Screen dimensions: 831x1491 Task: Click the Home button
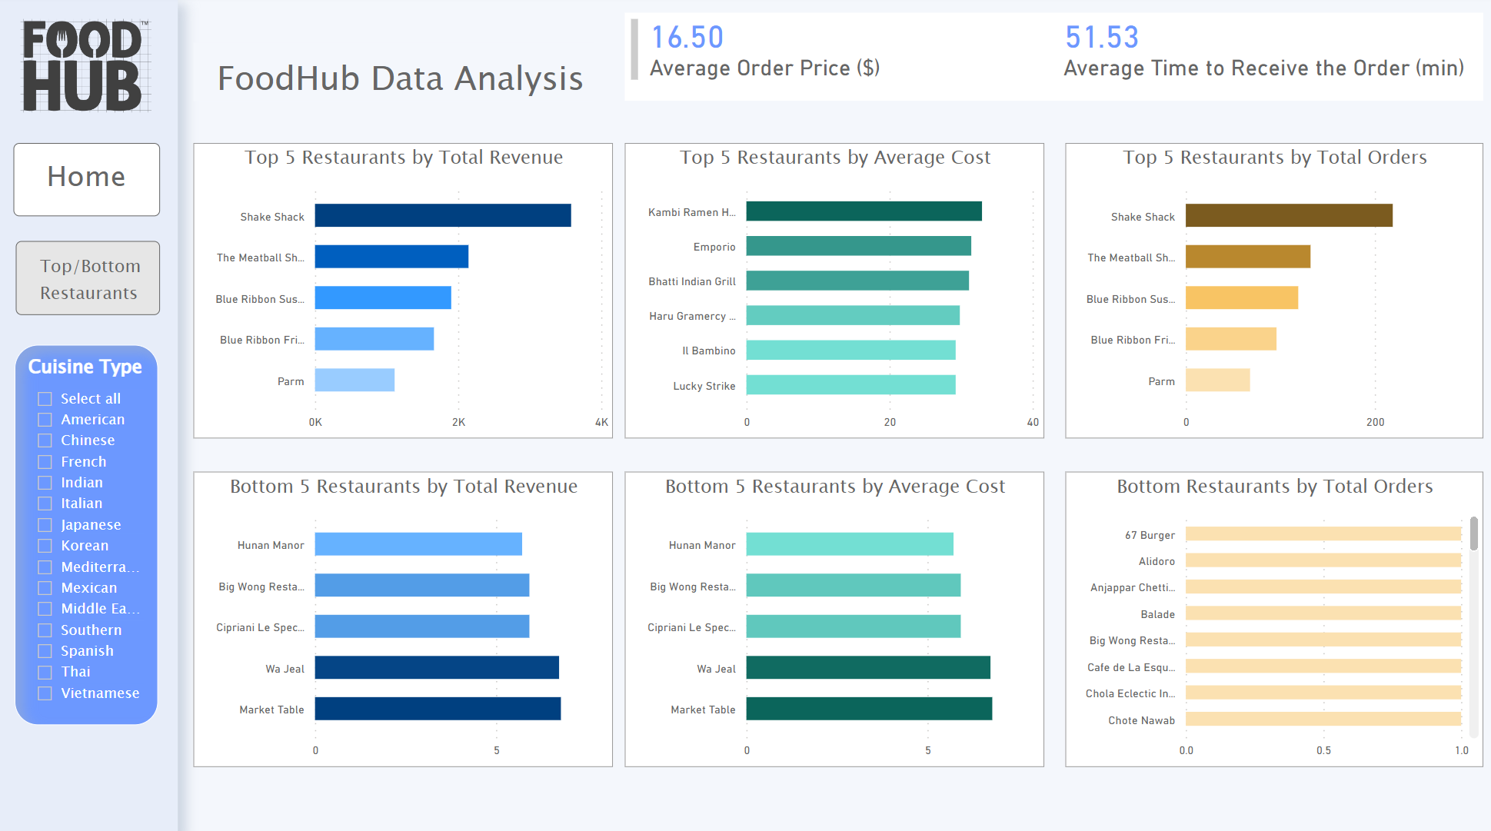(x=86, y=178)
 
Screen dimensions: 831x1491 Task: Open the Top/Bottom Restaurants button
(x=88, y=278)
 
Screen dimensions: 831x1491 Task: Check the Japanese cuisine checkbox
(x=45, y=525)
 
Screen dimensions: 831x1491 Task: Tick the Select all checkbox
(x=45, y=399)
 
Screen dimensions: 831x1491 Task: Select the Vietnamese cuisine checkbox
(x=45, y=693)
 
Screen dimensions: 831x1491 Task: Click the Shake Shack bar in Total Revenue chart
(x=442, y=215)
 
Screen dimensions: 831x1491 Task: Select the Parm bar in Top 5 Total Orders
(x=1216, y=380)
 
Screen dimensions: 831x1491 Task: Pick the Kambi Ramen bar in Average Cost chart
(x=863, y=211)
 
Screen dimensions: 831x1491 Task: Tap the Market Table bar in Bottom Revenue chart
(x=437, y=708)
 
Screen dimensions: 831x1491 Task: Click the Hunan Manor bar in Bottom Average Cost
(x=849, y=544)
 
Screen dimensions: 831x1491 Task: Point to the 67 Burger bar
(x=1322, y=534)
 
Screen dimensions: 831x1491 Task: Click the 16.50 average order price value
(x=687, y=37)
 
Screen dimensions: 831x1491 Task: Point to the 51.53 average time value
(x=1101, y=37)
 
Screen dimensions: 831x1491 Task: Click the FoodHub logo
(x=83, y=66)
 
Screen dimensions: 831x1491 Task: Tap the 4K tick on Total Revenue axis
(x=601, y=422)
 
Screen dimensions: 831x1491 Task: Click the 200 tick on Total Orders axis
(x=1375, y=422)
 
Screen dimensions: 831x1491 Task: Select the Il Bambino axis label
(x=708, y=351)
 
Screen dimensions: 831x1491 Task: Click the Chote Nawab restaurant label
(x=1141, y=720)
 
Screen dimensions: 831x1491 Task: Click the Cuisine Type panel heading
(x=85, y=367)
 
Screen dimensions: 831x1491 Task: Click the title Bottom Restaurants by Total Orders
(x=1274, y=486)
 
